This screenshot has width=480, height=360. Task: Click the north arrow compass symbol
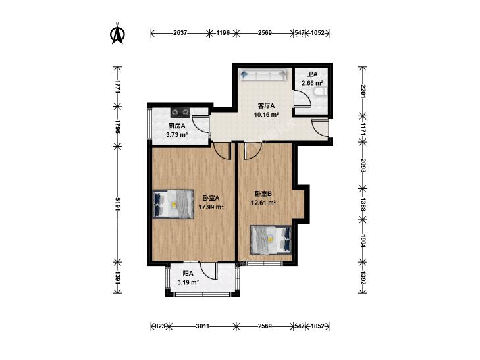point(117,34)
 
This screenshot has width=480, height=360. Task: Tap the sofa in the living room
point(263,75)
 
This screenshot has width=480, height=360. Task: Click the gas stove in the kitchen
point(180,113)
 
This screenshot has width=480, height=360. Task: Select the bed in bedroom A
point(174,204)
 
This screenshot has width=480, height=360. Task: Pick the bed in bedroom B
point(271,240)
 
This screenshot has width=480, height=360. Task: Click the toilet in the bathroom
point(321,91)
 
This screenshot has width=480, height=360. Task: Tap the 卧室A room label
point(211,198)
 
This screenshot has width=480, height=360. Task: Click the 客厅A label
point(266,106)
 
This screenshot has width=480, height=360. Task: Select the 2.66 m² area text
point(312,83)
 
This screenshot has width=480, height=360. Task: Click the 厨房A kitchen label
point(176,126)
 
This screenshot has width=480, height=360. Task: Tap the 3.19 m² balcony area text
point(188,282)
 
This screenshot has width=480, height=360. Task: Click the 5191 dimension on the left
point(118,204)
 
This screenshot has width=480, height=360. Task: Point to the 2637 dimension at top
point(180,33)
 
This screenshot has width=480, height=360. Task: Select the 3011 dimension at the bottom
point(203,326)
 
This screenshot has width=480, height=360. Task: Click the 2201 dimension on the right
point(363,91)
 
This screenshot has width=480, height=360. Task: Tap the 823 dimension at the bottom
point(160,326)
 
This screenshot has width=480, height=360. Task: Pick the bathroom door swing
point(303,99)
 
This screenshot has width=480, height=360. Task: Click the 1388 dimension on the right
point(363,204)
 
